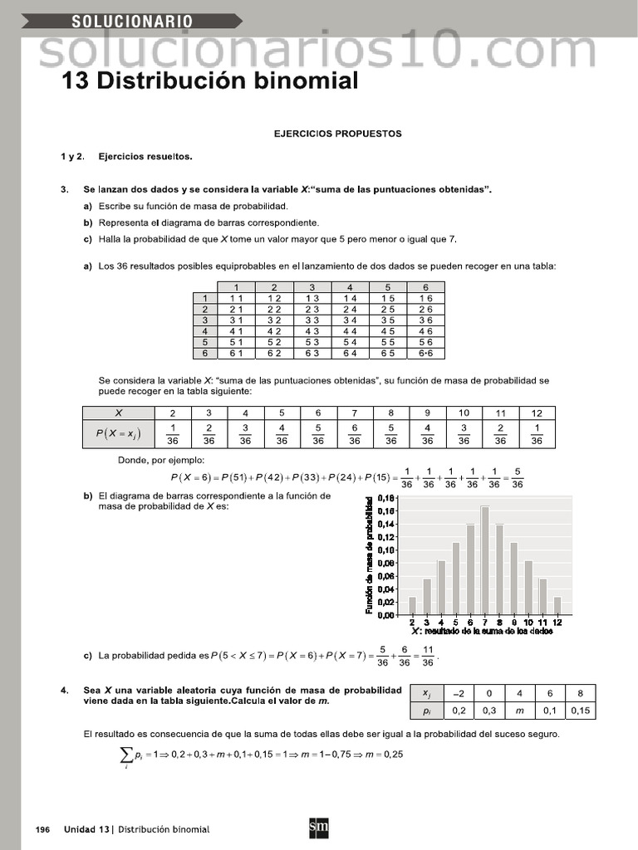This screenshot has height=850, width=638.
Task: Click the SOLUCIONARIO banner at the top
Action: [133, 21]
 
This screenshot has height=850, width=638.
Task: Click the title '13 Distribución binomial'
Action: [210, 81]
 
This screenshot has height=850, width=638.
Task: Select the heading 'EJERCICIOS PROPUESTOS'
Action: [337, 133]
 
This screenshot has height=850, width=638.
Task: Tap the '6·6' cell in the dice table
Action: [425, 353]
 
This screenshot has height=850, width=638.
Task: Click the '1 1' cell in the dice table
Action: [236, 298]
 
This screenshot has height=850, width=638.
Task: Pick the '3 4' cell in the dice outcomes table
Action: [350, 320]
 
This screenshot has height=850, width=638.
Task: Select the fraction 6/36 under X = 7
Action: [354, 435]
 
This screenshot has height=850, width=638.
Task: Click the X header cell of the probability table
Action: [118, 413]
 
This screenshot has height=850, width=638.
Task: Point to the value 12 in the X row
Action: [537, 413]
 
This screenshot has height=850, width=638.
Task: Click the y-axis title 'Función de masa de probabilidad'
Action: [369, 555]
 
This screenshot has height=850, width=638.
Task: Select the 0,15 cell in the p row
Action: [582, 711]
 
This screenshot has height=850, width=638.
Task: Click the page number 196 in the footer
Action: [43, 829]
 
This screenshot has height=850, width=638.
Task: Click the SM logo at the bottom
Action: [318, 828]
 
